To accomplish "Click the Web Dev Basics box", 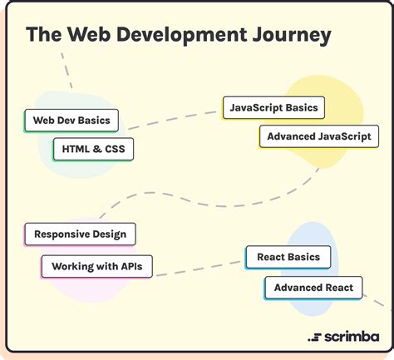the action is click(71, 121).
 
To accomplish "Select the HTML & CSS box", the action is click(93, 149).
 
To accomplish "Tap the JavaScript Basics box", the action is click(273, 108).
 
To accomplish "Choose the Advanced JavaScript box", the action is click(319, 136).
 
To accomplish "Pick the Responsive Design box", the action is click(80, 234).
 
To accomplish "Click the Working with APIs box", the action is click(97, 267).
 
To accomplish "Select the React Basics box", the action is click(288, 257).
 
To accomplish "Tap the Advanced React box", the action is click(313, 288).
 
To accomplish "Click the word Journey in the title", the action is click(292, 36).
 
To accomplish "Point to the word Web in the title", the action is click(89, 34).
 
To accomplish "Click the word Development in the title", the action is click(181, 35).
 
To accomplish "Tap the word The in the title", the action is click(44, 34).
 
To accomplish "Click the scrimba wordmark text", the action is click(352, 337).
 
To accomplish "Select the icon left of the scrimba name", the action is click(314, 338).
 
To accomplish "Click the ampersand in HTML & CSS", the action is click(97, 149).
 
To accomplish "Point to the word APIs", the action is click(131, 266).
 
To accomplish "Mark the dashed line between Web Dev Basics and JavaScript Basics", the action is click(172, 121).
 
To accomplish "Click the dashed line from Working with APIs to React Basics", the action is click(199, 269).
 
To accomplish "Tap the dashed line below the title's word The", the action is click(66, 71).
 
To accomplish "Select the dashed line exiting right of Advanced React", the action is click(377, 301).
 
